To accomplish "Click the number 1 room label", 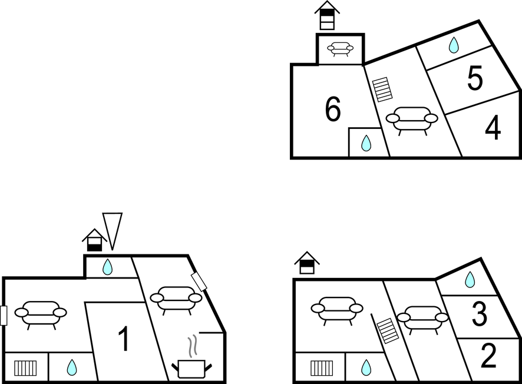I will (x=123, y=339).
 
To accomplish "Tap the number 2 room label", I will (x=488, y=355).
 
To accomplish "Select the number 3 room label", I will (x=480, y=315).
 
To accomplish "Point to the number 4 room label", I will (x=493, y=128).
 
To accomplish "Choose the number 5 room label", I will (x=475, y=78).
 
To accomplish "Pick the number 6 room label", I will (x=333, y=109).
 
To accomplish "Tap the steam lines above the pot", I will (x=192, y=347).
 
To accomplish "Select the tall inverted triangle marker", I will (x=112, y=230).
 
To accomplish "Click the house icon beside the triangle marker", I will (x=94, y=240).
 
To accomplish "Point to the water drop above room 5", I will (x=454, y=45).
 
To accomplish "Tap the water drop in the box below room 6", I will (x=366, y=143).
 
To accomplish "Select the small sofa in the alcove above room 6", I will (x=341, y=49).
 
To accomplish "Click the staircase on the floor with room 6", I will (x=383, y=90).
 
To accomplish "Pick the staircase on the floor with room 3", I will (x=388, y=330).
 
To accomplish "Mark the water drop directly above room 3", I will (x=470, y=280).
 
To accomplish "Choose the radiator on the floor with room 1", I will (x=26, y=368).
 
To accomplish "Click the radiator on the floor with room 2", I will (x=322, y=368).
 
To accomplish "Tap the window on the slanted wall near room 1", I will (x=199, y=282).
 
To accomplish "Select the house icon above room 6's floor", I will (x=327, y=15).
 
